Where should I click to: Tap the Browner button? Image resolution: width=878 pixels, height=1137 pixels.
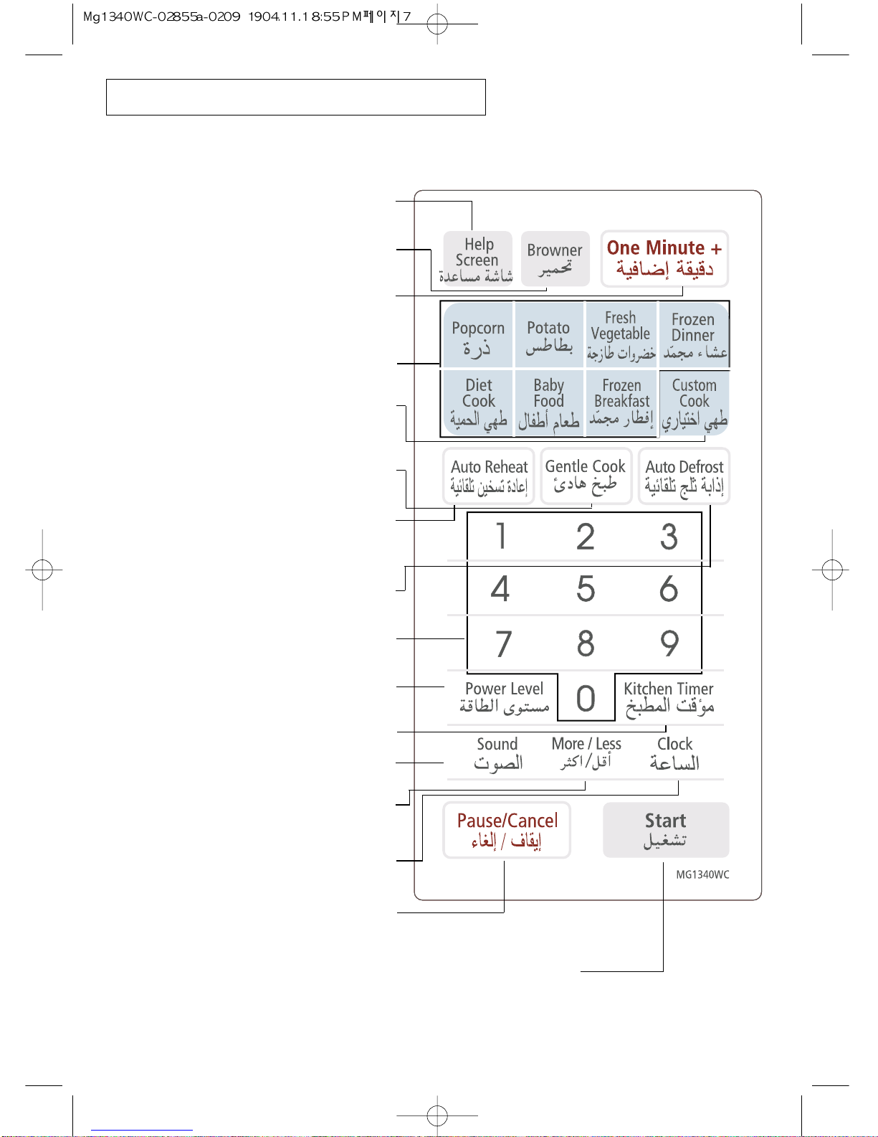pyautogui.click(x=555, y=258)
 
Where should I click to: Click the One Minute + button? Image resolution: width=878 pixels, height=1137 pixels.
pyautogui.click(x=664, y=258)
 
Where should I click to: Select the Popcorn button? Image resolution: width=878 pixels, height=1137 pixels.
pyautogui.click(x=478, y=335)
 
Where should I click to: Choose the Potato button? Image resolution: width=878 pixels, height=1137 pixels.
pyautogui.click(x=549, y=335)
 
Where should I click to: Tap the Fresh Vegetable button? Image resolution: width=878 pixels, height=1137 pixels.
pyautogui.click(x=621, y=335)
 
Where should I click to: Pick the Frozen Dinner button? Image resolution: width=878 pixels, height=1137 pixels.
pyautogui.click(x=694, y=335)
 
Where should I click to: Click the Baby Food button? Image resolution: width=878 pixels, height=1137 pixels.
pyautogui.click(x=549, y=403)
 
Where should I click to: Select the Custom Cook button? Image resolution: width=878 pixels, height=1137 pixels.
pyautogui.click(x=694, y=403)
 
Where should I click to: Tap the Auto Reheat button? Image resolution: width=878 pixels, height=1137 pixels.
pyautogui.click(x=489, y=476)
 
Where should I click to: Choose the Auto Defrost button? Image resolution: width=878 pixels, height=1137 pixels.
pyautogui.click(x=684, y=476)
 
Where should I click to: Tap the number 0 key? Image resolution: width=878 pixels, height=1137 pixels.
pyautogui.click(x=586, y=698)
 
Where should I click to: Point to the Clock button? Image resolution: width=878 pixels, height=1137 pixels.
pyautogui.click(x=674, y=753)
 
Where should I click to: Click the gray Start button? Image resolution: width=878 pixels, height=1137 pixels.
pyautogui.click(x=666, y=830)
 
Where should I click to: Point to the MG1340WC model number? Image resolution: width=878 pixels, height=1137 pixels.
pyautogui.click(x=702, y=874)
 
